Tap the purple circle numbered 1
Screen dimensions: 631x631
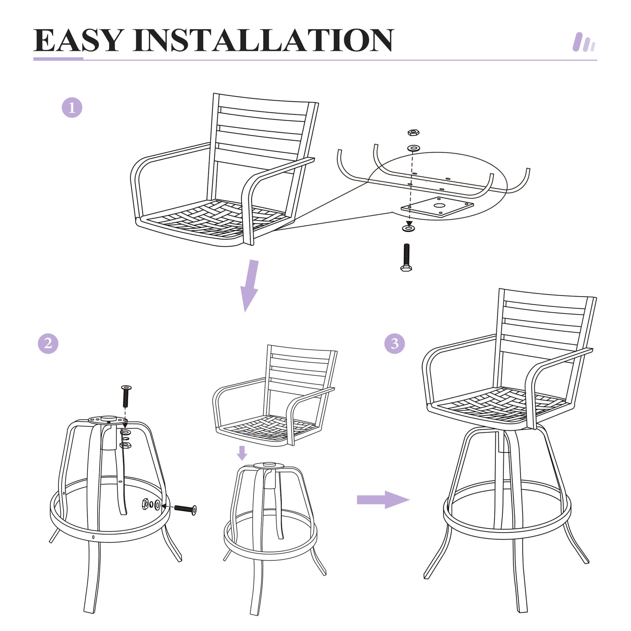[x=72, y=107]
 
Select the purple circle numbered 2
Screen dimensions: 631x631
[x=48, y=343]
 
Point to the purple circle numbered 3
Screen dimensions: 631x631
[x=395, y=343]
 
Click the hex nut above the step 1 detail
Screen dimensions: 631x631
[x=413, y=132]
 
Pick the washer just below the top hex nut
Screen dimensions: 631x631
[x=413, y=148]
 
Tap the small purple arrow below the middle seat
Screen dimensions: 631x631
[x=242, y=453]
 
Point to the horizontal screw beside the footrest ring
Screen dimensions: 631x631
[x=185, y=509]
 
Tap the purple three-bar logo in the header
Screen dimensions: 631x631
[x=584, y=42]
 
